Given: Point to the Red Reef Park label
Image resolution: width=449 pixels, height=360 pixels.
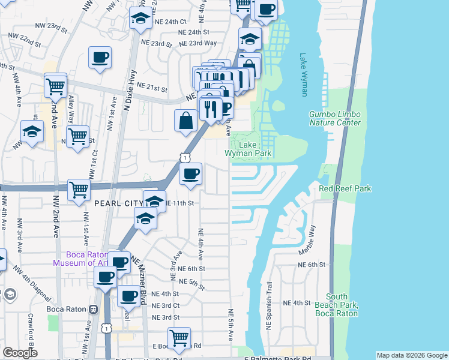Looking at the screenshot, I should (345, 188).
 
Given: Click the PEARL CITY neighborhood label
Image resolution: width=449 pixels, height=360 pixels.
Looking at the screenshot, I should (119, 203).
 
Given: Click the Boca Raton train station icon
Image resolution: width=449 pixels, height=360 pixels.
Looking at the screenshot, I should (93, 310).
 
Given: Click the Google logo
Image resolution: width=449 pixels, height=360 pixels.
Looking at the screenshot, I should (20, 353).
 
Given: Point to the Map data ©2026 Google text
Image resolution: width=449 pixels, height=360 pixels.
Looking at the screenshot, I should (412, 355).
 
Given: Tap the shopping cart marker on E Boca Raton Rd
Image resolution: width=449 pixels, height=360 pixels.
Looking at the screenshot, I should (179, 337).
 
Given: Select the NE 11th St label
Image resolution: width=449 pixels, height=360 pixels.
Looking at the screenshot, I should (179, 203).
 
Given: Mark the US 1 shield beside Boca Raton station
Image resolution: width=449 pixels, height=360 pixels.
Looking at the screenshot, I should (107, 328).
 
